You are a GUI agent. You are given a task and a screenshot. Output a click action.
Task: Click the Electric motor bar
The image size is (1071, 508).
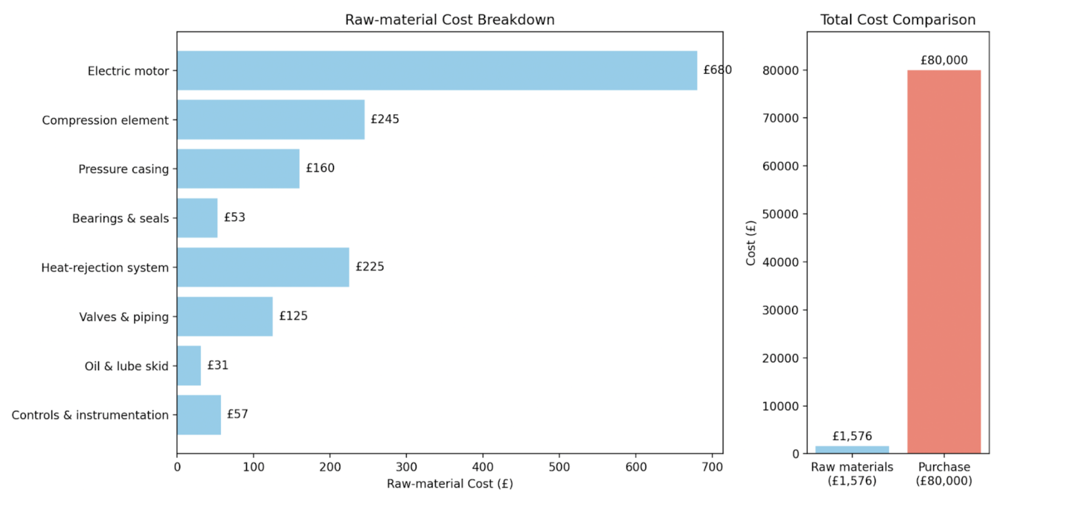(x=437, y=71)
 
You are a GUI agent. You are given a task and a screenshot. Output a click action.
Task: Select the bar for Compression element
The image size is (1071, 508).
(x=271, y=120)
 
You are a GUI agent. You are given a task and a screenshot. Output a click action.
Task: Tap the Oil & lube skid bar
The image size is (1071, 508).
(x=189, y=365)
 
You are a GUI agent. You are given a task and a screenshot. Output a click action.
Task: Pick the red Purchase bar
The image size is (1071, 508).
(x=943, y=262)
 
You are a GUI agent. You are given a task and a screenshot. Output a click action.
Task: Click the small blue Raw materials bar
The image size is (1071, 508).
(x=852, y=450)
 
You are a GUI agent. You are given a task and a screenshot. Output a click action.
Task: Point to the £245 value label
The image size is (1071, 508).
(x=385, y=119)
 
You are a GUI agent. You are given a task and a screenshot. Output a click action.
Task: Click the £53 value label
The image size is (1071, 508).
(x=235, y=218)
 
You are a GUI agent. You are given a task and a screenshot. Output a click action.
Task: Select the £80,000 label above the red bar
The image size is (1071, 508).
(x=944, y=60)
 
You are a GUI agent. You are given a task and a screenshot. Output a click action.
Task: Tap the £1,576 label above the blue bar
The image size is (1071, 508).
(x=852, y=436)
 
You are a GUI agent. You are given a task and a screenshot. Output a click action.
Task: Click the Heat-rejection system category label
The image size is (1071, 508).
(x=105, y=267)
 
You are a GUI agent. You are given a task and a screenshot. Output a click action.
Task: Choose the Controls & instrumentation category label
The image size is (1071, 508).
(x=90, y=415)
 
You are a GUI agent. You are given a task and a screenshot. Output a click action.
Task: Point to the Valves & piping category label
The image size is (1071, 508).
(x=124, y=317)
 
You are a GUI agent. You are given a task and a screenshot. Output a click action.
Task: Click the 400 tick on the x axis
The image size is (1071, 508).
(x=483, y=467)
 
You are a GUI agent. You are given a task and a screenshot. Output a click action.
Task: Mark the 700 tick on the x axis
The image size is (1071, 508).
(x=712, y=467)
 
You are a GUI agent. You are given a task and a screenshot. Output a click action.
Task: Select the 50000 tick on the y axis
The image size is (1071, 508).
(x=781, y=214)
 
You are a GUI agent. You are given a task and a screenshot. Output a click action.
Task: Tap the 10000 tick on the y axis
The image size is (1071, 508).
(x=781, y=406)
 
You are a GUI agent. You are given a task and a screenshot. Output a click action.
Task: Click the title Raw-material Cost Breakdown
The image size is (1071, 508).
(x=450, y=20)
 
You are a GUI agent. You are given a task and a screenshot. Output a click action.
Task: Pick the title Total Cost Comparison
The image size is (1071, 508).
(x=898, y=20)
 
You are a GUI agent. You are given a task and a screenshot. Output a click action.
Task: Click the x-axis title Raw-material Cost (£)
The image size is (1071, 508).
(x=450, y=484)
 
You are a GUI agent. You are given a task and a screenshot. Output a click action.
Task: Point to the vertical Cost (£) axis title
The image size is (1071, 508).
(x=751, y=242)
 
